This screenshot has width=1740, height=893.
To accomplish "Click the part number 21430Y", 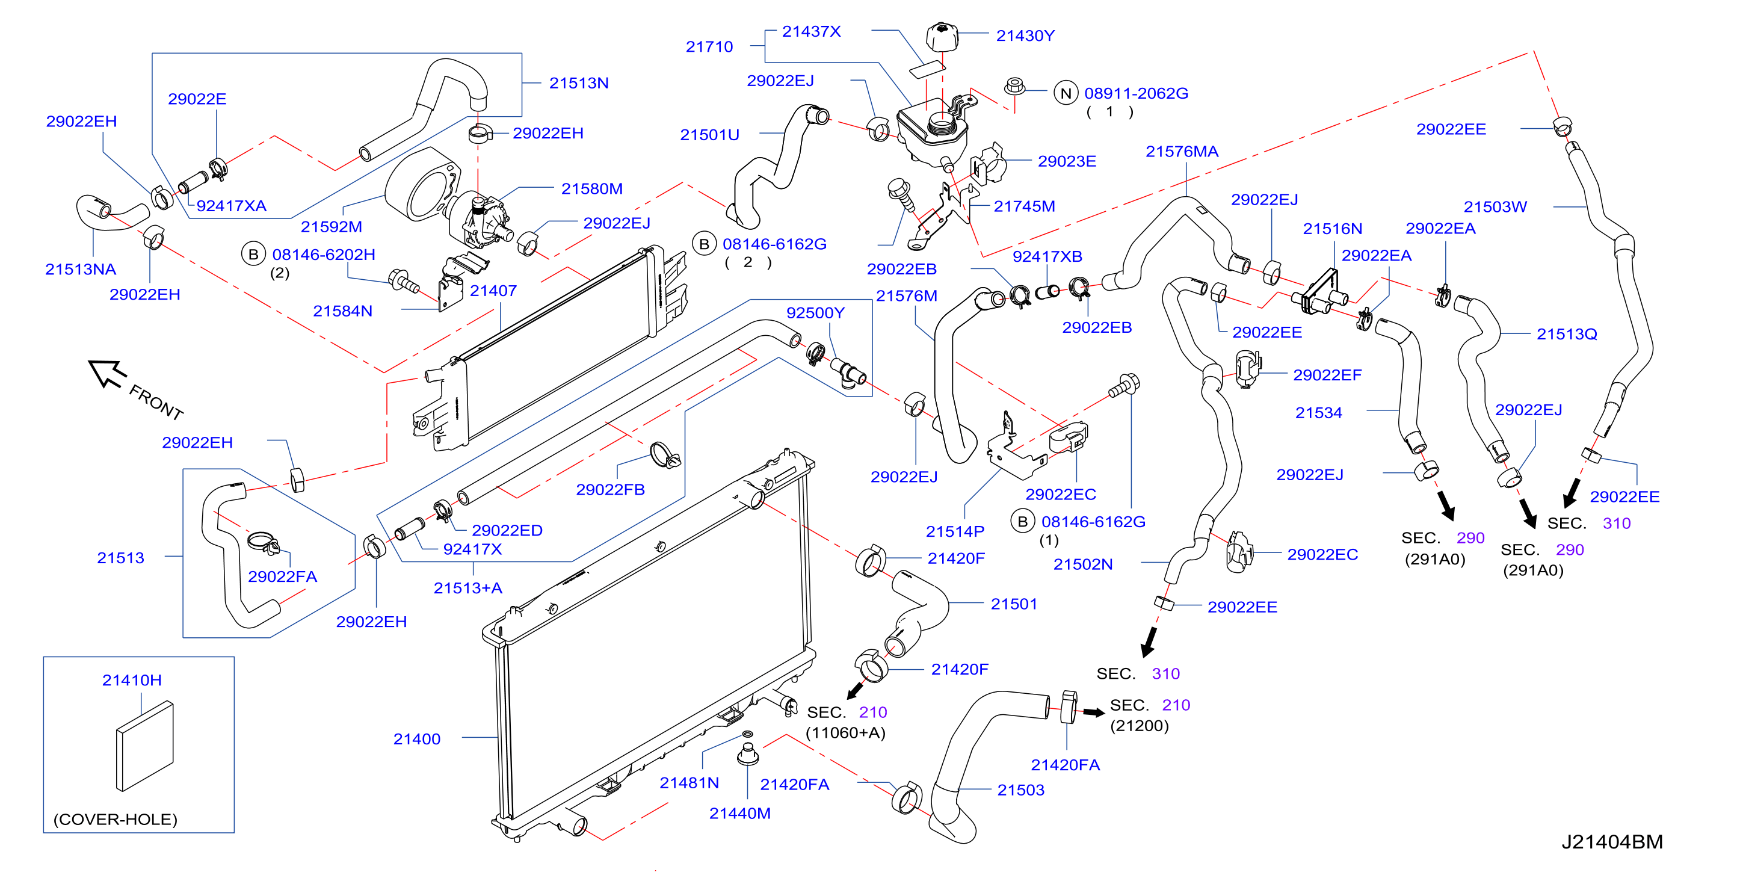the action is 1025,36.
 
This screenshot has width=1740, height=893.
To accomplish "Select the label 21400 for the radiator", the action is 417,739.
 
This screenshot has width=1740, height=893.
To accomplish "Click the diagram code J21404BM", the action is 1612,842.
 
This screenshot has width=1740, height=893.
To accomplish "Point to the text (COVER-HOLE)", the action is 116,820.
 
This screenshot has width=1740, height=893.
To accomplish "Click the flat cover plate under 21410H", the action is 144,746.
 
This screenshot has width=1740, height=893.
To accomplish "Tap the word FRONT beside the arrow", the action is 156,403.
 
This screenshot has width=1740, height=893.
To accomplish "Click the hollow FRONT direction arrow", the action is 106,373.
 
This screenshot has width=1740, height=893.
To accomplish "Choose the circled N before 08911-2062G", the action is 1066,93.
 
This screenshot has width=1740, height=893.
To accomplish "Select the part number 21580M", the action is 591,189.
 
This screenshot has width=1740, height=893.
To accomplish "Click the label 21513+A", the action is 467,589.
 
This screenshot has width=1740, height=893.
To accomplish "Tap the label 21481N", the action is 689,783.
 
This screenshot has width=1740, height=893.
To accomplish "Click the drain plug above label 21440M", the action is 747,753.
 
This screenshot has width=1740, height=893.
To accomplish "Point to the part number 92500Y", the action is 815,313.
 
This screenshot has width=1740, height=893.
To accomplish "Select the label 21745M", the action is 1024,206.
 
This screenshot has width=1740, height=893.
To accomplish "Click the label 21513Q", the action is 1566,335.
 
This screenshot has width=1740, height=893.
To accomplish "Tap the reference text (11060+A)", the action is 845,733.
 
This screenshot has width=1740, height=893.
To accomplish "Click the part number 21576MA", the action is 1182,151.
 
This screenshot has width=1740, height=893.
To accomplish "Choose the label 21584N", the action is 342,311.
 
